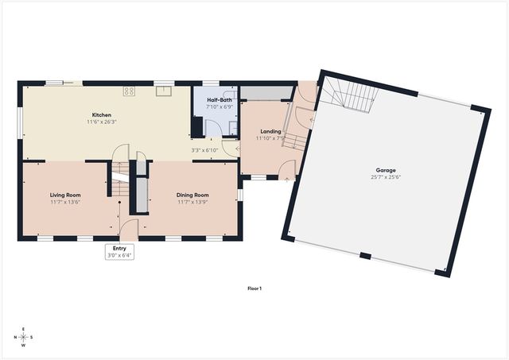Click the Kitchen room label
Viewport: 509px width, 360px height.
101,115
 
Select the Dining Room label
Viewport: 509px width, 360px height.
192,194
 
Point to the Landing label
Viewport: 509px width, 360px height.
270,131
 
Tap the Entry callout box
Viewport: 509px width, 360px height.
119,252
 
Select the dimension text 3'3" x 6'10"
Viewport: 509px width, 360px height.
204,150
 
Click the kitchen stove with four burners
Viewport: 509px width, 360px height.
129,91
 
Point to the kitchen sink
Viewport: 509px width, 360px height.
164,91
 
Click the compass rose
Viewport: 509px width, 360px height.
23,338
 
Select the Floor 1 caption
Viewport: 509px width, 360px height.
254,288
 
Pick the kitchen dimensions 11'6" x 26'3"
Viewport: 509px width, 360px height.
101,122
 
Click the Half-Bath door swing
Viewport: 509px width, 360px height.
212,129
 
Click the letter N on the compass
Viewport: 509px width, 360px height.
14,338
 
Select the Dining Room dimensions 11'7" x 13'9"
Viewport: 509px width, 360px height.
192,201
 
